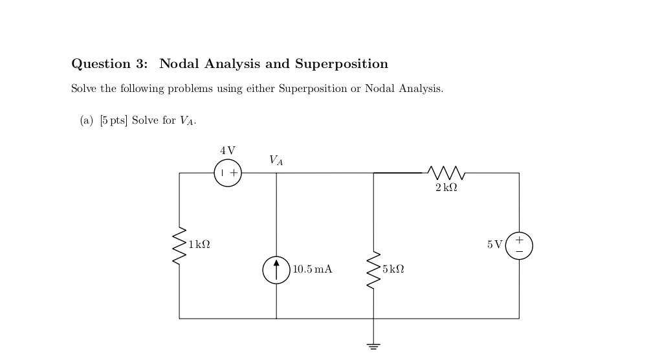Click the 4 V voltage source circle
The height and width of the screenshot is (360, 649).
[x=228, y=173]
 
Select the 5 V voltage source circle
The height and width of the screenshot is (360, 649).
[x=519, y=245]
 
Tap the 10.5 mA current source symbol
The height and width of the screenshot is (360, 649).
[x=276, y=269]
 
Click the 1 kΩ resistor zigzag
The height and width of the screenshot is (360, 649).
[x=179, y=245]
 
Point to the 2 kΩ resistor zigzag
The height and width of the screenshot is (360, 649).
[x=446, y=173]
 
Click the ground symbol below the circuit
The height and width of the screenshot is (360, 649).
[x=373, y=346]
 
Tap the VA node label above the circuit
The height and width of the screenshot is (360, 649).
[x=276, y=161]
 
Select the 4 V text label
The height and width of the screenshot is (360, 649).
[x=228, y=150]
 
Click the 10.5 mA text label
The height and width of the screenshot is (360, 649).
[x=313, y=269]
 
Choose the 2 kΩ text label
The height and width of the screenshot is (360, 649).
[x=446, y=188]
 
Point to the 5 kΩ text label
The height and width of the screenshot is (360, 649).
[x=393, y=269]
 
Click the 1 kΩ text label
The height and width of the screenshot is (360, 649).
[x=199, y=245]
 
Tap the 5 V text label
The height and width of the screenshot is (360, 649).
[x=494, y=245]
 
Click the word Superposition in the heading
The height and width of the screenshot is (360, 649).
[x=342, y=64]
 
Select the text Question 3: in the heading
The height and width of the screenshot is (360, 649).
[x=109, y=64]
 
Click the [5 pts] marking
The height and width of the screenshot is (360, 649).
[x=113, y=120]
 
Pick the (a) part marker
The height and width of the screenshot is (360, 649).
[x=87, y=120]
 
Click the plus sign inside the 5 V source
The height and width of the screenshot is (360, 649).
[x=519, y=240]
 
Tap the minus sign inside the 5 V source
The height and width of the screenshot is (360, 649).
[x=519, y=251]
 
